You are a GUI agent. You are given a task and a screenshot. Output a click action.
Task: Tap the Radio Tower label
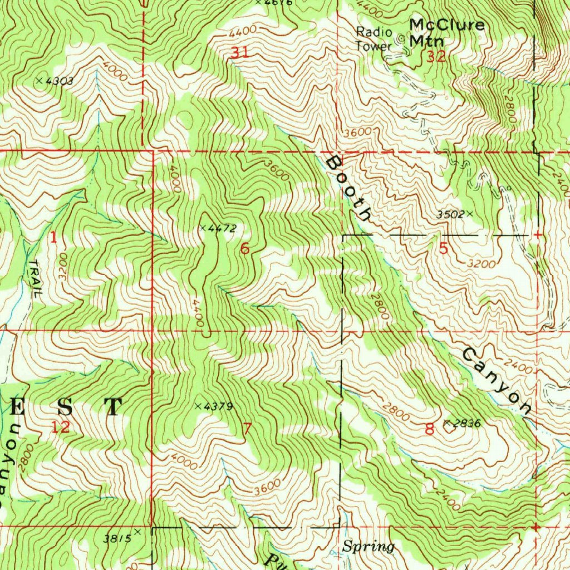[374, 39]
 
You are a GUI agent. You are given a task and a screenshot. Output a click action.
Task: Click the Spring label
[368, 547]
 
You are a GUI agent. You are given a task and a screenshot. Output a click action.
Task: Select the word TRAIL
[33, 279]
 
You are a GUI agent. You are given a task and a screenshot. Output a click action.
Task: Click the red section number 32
[436, 56]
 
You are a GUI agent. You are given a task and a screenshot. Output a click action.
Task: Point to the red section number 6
[244, 249]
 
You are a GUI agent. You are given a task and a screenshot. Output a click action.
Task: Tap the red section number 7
[247, 429]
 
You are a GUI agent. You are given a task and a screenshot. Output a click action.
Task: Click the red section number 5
[443, 249]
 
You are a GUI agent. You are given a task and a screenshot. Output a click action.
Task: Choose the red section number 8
[429, 429]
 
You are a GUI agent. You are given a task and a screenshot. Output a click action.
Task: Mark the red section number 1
[53, 238]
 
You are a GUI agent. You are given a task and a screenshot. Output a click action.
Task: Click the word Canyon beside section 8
[496, 382]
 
